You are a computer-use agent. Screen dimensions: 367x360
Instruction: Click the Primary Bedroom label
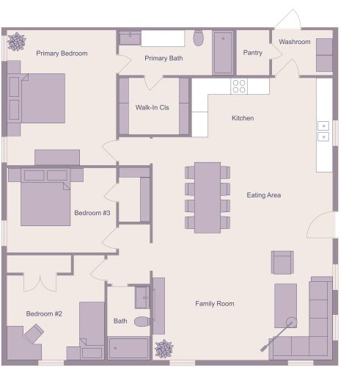click(x=62, y=54)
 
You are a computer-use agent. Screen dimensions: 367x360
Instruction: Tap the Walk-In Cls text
click(x=153, y=107)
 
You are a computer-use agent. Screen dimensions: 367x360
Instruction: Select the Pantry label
click(x=252, y=53)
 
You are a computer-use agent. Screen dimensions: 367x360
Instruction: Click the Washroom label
click(x=295, y=42)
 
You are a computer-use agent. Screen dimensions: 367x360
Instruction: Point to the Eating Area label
click(x=264, y=195)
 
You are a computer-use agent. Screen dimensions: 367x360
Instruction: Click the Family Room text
click(x=214, y=303)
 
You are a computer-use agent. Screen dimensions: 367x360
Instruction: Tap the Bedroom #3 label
click(x=92, y=214)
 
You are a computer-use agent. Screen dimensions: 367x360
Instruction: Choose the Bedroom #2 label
click(x=44, y=313)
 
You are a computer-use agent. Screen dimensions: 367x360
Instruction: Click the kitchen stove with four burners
click(x=239, y=87)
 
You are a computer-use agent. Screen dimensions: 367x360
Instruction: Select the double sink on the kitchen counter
click(x=323, y=131)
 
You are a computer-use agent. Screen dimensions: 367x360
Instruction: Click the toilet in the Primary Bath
click(x=198, y=37)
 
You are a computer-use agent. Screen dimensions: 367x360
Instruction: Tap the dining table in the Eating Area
click(x=207, y=197)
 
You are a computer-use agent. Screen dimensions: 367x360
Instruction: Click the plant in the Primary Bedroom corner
click(x=15, y=42)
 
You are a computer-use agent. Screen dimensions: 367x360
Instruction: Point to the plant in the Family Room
click(x=164, y=349)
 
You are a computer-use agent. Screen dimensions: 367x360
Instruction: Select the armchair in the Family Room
click(x=282, y=262)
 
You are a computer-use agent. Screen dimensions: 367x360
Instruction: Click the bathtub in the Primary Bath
click(x=224, y=52)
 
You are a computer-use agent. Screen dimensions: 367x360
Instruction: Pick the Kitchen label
click(x=243, y=118)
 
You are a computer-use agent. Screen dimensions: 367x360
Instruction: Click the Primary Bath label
click(x=164, y=58)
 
